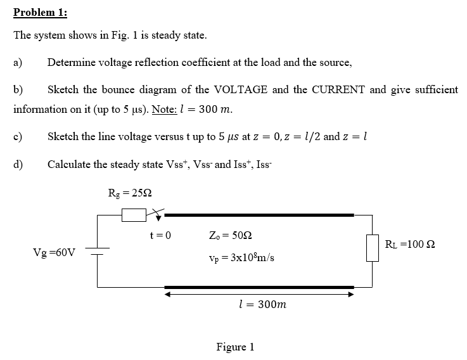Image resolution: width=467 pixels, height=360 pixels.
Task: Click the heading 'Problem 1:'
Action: [x=41, y=13]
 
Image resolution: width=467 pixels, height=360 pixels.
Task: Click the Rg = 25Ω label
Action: [x=129, y=193]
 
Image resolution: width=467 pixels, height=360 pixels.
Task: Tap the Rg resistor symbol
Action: [x=134, y=215]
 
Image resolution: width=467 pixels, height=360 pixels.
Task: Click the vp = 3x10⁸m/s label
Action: [x=241, y=258]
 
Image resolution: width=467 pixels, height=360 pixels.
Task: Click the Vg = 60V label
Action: [x=54, y=252]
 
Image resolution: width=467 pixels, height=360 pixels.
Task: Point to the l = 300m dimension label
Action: [x=260, y=304]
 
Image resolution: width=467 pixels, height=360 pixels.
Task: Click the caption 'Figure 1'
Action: [x=235, y=347]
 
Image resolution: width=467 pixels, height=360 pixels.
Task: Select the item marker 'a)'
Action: [x=18, y=62]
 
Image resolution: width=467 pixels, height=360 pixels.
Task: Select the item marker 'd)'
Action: [x=18, y=164]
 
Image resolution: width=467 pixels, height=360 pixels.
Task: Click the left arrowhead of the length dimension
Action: [x=167, y=294]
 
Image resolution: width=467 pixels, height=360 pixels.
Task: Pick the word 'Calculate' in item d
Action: [x=69, y=164]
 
